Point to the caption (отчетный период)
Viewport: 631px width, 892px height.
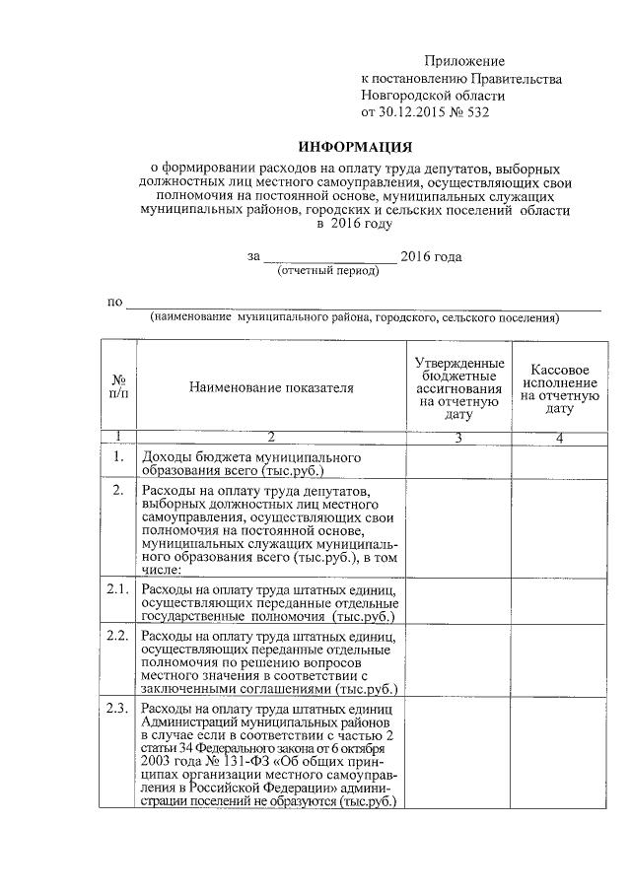(x=328, y=270)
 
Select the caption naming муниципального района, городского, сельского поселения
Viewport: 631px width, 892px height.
(x=355, y=318)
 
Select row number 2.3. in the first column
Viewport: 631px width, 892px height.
(x=118, y=709)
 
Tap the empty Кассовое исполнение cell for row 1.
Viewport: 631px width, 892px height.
(x=559, y=463)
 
